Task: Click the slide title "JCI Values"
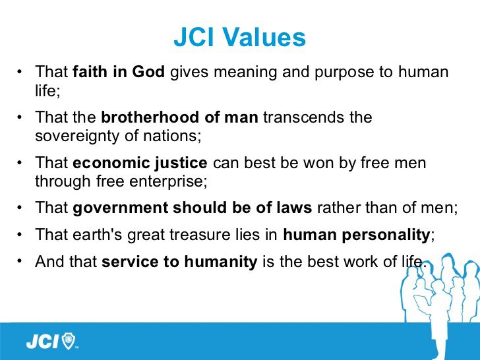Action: [240, 37]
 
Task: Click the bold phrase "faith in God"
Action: [119, 72]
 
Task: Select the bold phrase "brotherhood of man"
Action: [180, 117]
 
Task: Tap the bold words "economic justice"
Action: [140, 163]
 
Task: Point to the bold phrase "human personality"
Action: [357, 235]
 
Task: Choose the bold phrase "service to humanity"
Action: [179, 262]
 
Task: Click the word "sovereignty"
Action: [77, 136]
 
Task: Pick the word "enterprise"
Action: [166, 181]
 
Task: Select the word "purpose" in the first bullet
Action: [344, 73]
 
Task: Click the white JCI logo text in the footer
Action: [42, 342]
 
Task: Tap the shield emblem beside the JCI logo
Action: [69, 342]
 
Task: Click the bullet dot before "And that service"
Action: [20, 261]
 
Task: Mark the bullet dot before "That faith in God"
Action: [20, 72]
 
